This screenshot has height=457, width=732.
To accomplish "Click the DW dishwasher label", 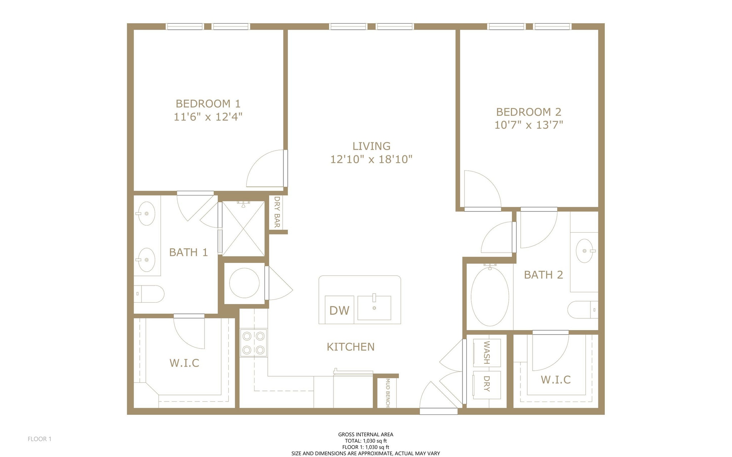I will (339, 310).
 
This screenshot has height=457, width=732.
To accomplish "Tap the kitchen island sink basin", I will (374, 308).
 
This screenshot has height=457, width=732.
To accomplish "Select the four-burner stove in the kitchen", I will (253, 343).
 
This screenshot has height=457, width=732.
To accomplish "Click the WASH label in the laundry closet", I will (486, 352).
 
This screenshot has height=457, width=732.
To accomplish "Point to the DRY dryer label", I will (486, 384).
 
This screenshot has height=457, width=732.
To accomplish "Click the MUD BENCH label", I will (387, 393).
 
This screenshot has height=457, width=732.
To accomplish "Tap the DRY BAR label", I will (277, 212).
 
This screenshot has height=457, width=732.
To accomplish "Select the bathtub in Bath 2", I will (490, 296).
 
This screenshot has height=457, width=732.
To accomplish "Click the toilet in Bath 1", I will (150, 294).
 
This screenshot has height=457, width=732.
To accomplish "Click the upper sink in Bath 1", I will (147, 213).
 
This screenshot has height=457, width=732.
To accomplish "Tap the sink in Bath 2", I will (585, 251).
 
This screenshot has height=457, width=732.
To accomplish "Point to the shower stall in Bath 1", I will (243, 229).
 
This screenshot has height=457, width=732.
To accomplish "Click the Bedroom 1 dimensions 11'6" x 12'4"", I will (208, 117).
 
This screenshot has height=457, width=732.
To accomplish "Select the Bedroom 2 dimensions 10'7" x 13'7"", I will (529, 125).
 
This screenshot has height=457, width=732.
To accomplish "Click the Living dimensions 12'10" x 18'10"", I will (371, 159).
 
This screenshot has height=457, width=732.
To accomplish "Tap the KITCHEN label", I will (351, 347).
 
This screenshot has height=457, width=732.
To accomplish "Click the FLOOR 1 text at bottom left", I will (40, 439).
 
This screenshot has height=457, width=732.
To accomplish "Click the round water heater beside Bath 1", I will (244, 283).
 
